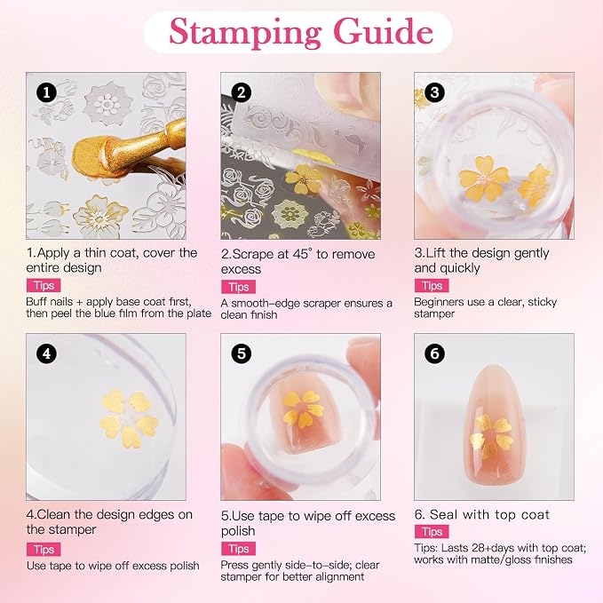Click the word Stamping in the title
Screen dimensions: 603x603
[x=245, y=33]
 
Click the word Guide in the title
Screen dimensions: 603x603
[x=384, y=31]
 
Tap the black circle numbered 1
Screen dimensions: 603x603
[x=46, y=92]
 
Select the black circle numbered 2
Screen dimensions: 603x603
[x=242, y=92]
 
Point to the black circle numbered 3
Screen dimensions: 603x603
[x=434, y=92]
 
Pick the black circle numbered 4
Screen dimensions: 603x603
[x=46, y=353]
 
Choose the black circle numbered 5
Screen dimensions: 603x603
[x=242, y=353]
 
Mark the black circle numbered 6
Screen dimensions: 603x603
[x=434, y=353]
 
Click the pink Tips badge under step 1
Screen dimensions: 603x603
[x=44, y=285]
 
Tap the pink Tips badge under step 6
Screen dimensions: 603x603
[x=432, y=531]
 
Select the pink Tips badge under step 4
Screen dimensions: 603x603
[x=44, y=549]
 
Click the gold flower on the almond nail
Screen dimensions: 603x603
[x=491, y=436]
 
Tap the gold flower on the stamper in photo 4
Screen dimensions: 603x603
[x=129, y=418]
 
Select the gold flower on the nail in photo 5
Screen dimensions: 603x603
[x=303, y=409]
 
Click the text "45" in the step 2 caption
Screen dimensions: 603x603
[x=302, y=254]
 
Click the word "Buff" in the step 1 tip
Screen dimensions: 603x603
[x=37, y=302]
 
